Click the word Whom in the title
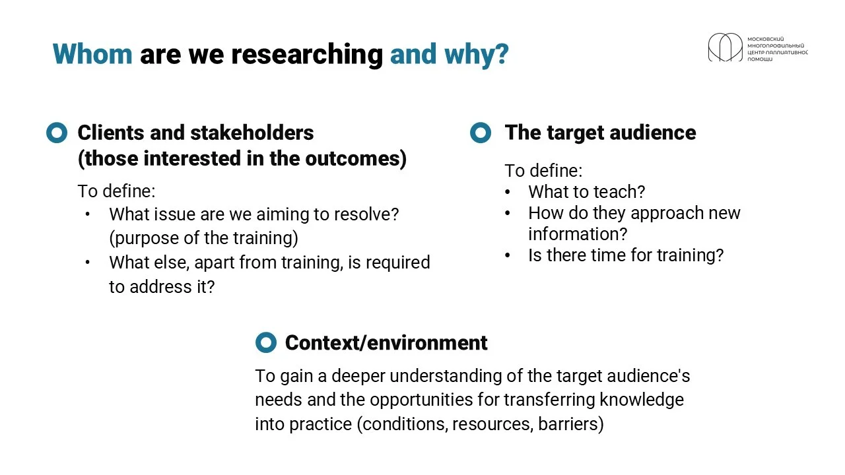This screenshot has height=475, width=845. point(92,54)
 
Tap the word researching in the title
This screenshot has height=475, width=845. point(307,55)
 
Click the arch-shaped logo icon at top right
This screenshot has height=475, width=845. point(725,47)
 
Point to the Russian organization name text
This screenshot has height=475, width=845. point(778,49)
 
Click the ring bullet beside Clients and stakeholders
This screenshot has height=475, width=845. point(57,133)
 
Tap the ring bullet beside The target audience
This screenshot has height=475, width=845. point(481,133)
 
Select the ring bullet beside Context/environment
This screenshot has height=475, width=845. point(266,342)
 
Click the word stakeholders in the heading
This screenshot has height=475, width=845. point(252,133)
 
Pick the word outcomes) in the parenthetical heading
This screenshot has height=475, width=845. point(356,158)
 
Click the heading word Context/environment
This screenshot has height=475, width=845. point(386,343)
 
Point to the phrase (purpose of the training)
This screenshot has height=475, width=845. point(204,238)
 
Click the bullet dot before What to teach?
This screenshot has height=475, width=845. point(508,192)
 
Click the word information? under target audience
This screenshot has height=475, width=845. point(578,234)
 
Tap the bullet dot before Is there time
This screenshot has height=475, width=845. point(508,255)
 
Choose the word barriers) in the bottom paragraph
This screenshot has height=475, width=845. point(571,424)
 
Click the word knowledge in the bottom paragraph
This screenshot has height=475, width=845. point(642,400)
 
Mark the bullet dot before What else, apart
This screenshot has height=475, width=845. point(88,263)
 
